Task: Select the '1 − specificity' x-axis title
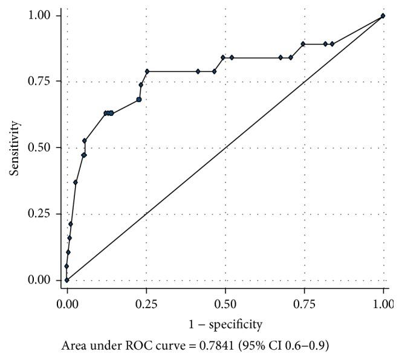pos(226,325)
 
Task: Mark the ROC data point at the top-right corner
pos(383,16)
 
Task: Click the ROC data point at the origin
pos(67,280)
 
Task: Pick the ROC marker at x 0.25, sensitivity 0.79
pos(147,71)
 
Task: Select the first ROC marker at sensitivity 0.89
pos(303,44)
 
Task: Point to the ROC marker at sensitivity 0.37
pos(76,182)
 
